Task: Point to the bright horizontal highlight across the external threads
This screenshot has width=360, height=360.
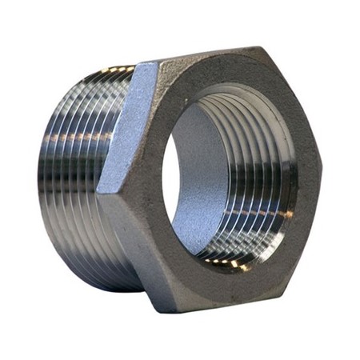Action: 72,136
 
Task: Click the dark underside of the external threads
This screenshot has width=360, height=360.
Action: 80,256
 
